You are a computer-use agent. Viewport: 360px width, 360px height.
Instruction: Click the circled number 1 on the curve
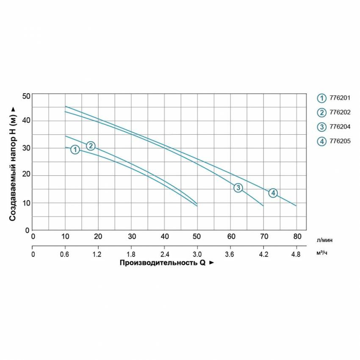pyautogui.click(x=75, y=150)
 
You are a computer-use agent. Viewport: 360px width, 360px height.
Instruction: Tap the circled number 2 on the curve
pyautogui.click(x=91, y=146)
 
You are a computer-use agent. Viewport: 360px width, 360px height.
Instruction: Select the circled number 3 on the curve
pyautogui.click(x=238, y=188)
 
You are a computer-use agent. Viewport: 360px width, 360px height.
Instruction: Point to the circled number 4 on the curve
pyautogui.click(x=273, y=193)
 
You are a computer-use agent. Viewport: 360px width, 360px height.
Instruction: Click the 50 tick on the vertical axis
pyautogui.click(x=26, y=96)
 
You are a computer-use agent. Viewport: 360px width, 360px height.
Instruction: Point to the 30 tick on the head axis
pyautogui.click(x=26, y=148)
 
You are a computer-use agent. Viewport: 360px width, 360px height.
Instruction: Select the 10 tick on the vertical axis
pyautogui.click(x=26, y=203)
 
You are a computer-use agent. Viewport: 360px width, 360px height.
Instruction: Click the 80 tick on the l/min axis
pyautogui.click(x=297, y=236)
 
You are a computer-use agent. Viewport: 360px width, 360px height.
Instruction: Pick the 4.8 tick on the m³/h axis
pyautogui.click(x=296, y=255)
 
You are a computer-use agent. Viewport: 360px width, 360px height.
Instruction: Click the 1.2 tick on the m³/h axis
pyautogui.click(x=98, y=255)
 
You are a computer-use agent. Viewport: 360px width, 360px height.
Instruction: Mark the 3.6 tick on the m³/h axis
pyautogui.click(x=230, y=255)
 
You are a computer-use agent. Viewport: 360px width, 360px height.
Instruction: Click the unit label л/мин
pyautogui.click(x=324, y=240)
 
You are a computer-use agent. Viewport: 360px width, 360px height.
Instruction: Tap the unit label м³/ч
pyautogui.click(x=323, y=253)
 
